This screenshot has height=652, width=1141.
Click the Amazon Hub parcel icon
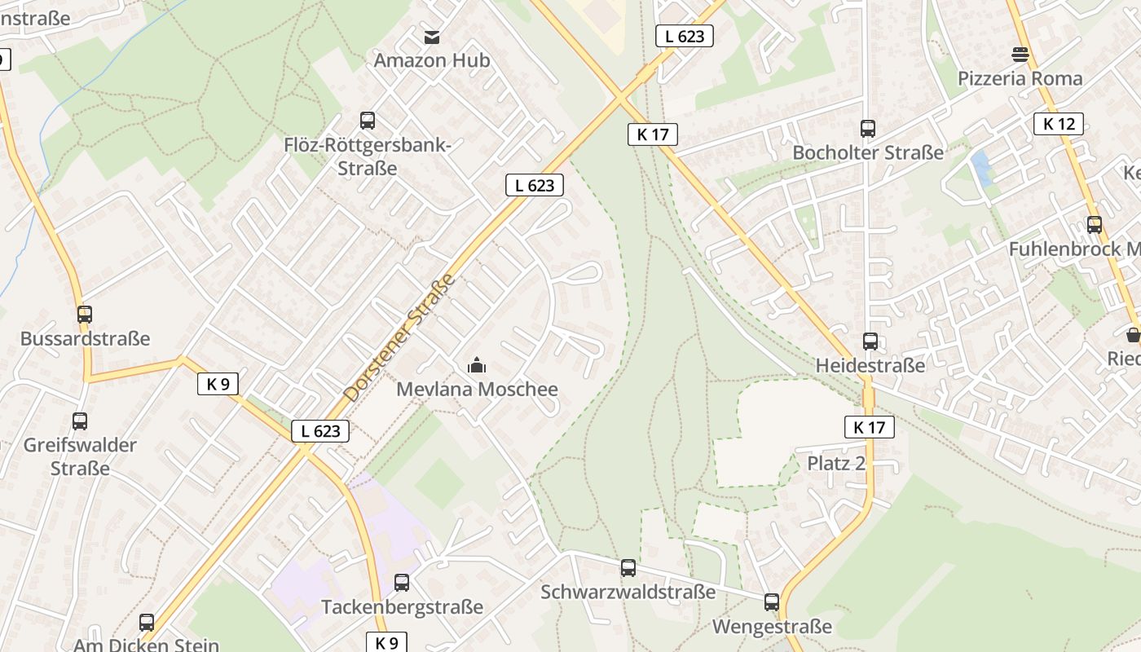(x=432, y=37)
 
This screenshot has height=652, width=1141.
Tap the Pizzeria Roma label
(x=1020, y=78)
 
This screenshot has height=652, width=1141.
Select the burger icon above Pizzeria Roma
(x=1020, y=55)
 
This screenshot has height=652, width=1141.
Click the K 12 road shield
(x=1059, y=124)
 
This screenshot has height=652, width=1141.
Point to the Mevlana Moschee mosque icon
(x=477, y=366)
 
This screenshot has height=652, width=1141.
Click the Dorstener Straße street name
(x=399, y=337)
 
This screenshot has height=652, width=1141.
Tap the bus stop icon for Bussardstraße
(x=85, y=314)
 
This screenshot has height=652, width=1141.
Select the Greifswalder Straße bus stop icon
(x=80, y=421)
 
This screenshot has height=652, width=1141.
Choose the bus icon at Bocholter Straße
(x=868, y=128)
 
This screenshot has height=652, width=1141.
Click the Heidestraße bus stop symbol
(x=870, y=341)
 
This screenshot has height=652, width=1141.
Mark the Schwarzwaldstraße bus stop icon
(x=628, y=568)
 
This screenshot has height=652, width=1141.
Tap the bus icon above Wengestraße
(x=772, y=603)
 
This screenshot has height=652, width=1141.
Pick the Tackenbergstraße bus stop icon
(x=402, y=583)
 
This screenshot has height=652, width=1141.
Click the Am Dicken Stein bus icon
(x=147, y=623)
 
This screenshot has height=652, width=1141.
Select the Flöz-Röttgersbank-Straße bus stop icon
(x=368, y=121)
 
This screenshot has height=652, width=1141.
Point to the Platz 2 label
(x=836, y=463)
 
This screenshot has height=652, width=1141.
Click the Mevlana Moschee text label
(x=477, y=390)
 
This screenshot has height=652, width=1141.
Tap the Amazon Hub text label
(x=432, y=60)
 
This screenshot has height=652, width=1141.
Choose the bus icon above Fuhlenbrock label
(x=1095, y=225)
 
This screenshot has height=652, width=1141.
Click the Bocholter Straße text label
(x=868, y=152)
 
